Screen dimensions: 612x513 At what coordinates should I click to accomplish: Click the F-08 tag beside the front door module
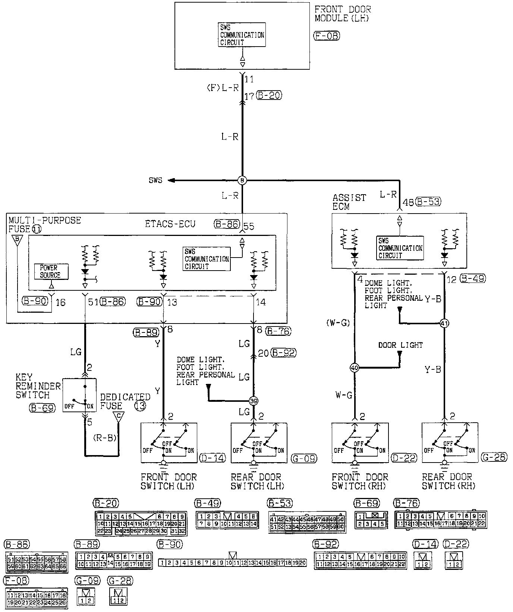[327, 36]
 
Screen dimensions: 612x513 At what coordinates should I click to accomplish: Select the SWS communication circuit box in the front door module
[242, 35]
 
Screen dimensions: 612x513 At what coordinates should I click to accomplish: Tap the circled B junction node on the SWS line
[242, 181]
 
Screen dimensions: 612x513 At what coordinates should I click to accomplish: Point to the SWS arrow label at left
[156, 181]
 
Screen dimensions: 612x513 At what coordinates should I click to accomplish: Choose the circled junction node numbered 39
[254, 401]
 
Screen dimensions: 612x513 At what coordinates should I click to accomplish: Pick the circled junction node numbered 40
[355, 368]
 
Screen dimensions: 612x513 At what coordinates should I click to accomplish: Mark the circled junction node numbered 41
[444, 323]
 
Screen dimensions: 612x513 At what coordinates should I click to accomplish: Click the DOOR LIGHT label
[400, 345]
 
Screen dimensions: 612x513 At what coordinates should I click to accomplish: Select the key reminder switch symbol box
[79, 395]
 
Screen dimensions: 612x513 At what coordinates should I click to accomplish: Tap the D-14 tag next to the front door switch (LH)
[213, 458]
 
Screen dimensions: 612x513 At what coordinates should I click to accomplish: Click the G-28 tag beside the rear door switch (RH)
[494, 457]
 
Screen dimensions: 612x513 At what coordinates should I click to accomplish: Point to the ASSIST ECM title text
[349, 202]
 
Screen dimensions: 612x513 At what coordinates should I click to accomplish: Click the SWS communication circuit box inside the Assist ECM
[400, 248]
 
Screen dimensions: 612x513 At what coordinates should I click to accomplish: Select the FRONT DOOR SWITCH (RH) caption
[360, 481]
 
